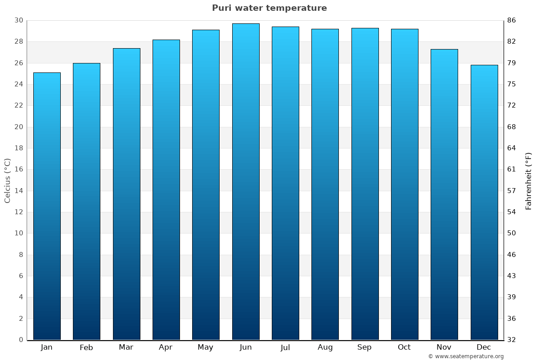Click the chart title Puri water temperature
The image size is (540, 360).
pos(270,8)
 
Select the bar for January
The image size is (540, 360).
pos(47,206)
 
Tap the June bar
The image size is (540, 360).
pos(246,182)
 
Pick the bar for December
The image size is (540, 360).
pos(484,202)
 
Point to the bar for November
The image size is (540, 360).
pos(444,194)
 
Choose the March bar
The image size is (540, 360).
pos(126,194)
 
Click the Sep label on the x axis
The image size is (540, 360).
pos(364,347)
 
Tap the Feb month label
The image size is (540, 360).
pos(86,347)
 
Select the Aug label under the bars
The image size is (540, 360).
pos(325,347)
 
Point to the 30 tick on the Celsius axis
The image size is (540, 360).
pos(18,20)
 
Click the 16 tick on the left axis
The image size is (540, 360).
pos(18,170)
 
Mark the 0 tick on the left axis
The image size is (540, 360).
pos(21,340)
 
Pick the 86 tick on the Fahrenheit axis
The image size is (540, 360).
pos(512,20)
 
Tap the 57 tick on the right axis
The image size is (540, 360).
pos(512,191)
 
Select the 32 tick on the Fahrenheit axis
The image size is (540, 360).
pos(512,340)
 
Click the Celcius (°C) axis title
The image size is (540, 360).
pos(8,180)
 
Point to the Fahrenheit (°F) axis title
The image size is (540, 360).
pos(529,180)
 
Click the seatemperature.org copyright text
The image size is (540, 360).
pos(466,356)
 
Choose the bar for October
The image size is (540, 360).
pos(405,184)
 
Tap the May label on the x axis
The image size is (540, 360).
pos(206,347)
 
